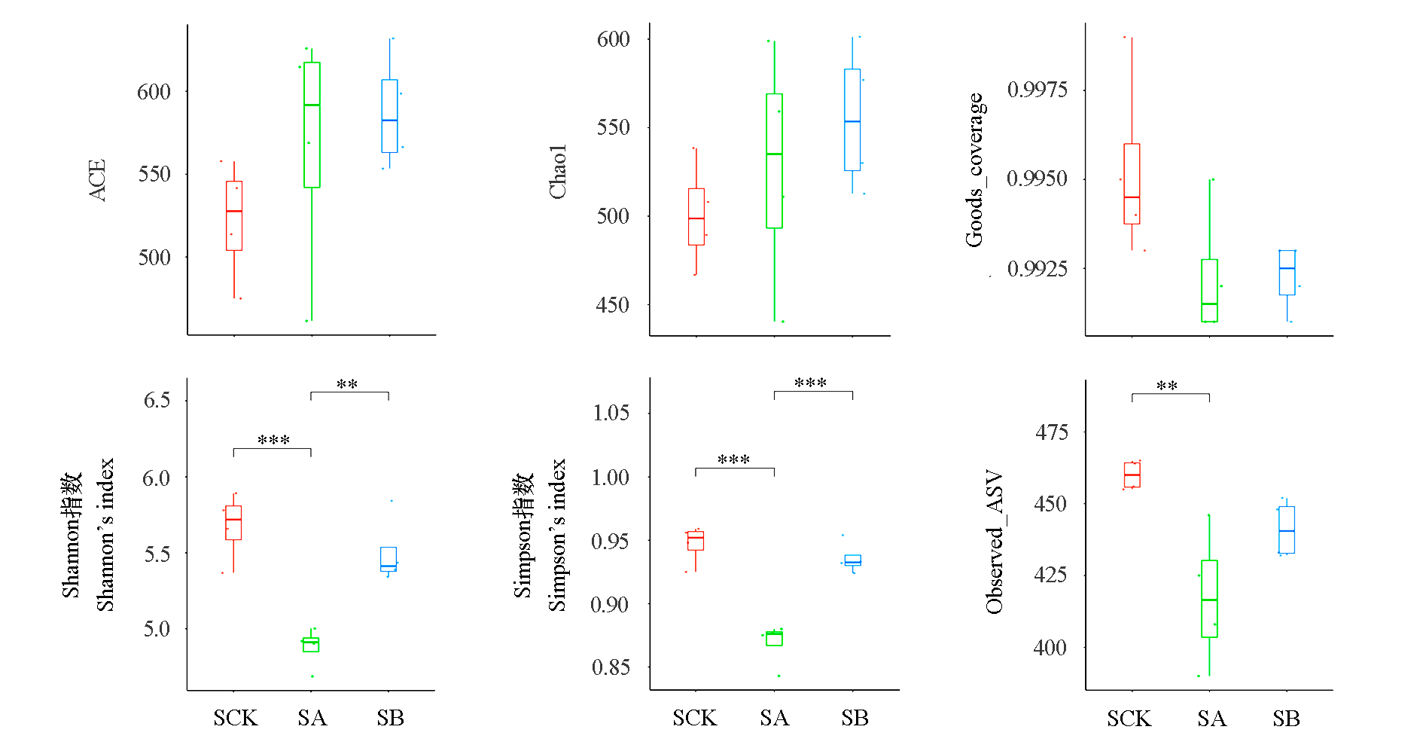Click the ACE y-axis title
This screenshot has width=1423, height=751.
pos(97,180)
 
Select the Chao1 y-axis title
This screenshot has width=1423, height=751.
pos(557,172)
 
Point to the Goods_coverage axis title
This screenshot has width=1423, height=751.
pos(974,170)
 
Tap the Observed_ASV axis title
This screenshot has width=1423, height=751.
pos(995,542)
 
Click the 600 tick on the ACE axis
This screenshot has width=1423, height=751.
pos(154,92)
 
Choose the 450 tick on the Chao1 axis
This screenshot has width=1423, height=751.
pos(612,305)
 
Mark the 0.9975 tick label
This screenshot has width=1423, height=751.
pos(1037,90)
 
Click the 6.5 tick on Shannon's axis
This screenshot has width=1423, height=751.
pos(157,400)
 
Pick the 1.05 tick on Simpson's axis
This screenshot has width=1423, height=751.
pos(611,413)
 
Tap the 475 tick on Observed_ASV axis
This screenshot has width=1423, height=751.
pos(1051,432)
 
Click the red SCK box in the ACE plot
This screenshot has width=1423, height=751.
pos(234,215)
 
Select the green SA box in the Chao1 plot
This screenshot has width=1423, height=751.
pos(774,160)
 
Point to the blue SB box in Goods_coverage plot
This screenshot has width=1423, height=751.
pos(1287,272)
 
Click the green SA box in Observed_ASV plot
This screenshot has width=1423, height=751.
pos(1209,598)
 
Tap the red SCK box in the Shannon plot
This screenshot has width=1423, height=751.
pos(233,523)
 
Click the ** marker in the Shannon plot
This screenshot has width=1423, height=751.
pos(347,385)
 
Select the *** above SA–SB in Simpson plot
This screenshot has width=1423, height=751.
pos(811,383)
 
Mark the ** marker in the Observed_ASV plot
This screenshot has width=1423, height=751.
pos(1167,386)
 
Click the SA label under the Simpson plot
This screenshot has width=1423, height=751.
pos(774,718)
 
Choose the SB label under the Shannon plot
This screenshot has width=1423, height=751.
pos(390,718)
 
